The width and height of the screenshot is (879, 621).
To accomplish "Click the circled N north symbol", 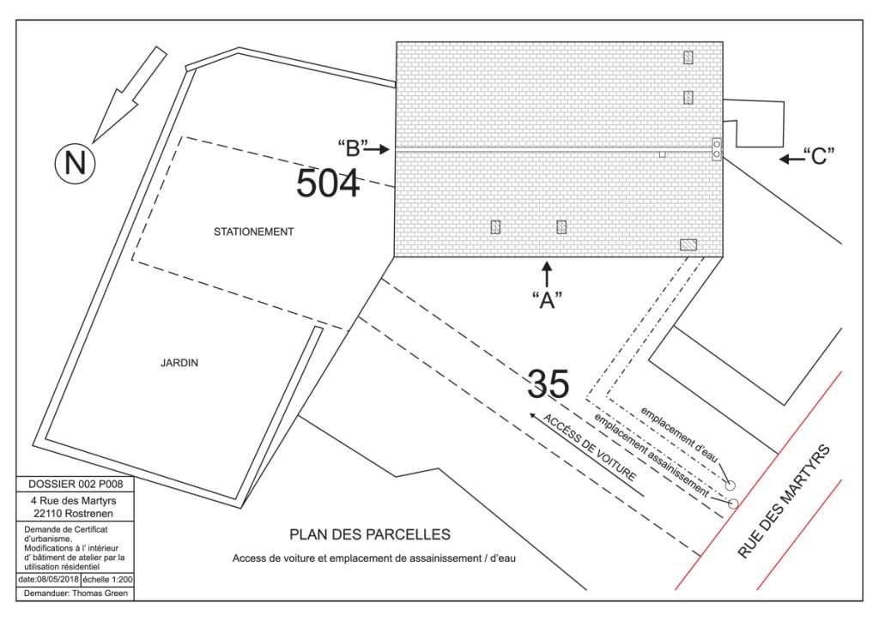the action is pyautogui.click(x=76, y=163).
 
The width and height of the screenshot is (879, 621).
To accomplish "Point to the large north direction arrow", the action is pyautogui.click(x=130, y=94).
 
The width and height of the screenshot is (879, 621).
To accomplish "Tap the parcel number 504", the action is pyautogui.click(x=327, y=183).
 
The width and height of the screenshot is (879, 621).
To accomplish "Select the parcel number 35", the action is pyautogui.click(x=549, y=383).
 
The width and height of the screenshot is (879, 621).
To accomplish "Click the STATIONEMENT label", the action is pyautogui.click(x=253, y=232).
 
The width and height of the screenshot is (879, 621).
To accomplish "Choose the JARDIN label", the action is pyautogui.click(x=179, y=363).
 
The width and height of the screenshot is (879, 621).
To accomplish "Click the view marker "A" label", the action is pyautogui.click(x=547, y=300).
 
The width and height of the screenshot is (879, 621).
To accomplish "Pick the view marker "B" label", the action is pyautogui.click(x=353, y=148).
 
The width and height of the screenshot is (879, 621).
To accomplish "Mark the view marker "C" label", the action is pyautogui.click(x=819, y=156).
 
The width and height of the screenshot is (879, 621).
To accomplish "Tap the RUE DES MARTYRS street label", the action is pyautogui.click(x=783, y=502).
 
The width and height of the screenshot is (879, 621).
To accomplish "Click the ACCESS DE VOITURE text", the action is pyautogui.click(x=589, y=448).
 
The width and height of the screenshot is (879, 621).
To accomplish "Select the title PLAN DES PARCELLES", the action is pyautogui.click(x=370, y=534).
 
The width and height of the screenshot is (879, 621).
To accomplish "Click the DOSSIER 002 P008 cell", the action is pyautogui.click(x=76, y=485).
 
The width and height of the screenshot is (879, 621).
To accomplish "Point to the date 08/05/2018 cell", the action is pyautogui.click(x=49, y=580).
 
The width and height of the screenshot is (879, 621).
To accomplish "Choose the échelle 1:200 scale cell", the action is pyautogui.click(x=107, y=580).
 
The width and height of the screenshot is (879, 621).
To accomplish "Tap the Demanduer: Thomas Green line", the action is pyautogui.click(x=76, y=593).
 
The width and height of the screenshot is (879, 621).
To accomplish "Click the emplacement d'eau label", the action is pyautogui.click(x=679, y=435).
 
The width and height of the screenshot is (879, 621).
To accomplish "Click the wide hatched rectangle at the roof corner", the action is pyautogui.click(x=688, y=244).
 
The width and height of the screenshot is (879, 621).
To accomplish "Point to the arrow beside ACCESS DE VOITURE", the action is pyautogui.click(x=587, y=455).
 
